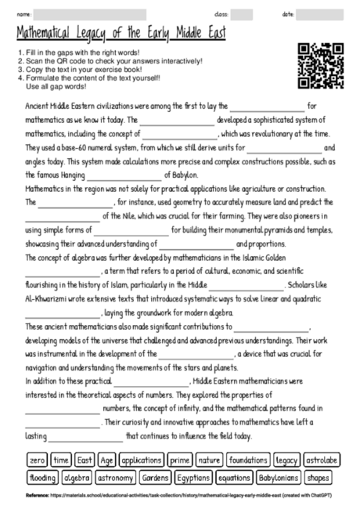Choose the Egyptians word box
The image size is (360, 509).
pos(192,476)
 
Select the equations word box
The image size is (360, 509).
pos(234,476)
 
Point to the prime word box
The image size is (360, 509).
pos(179,460)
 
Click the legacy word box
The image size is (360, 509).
pos(286,460)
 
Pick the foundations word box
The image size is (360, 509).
pos(248,460)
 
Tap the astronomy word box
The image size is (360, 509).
pos(115,476)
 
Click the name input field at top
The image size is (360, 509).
pos(90,15)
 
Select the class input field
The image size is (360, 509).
pos(241,15)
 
